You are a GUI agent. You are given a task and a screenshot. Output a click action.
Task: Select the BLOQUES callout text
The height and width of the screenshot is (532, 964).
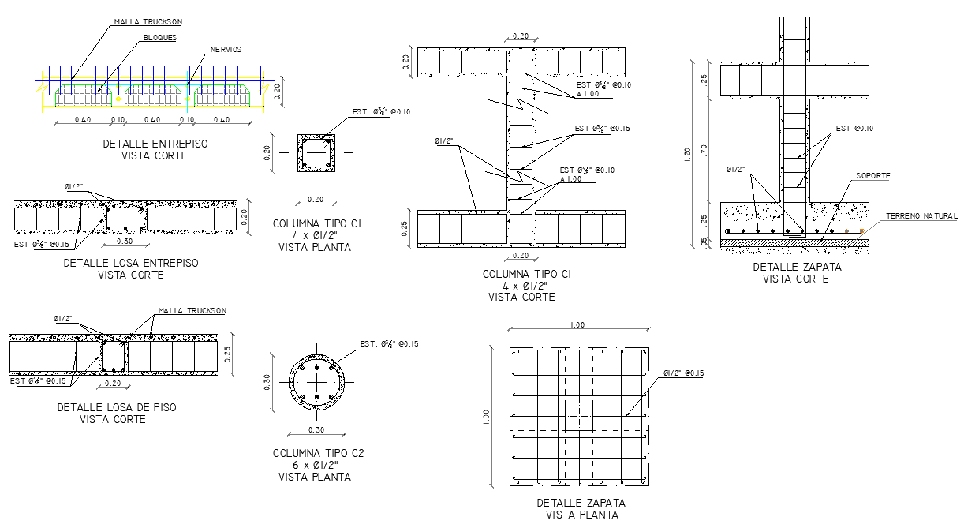click(159, 37)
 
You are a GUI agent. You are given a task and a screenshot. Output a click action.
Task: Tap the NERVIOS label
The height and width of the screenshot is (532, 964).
click(226, 50)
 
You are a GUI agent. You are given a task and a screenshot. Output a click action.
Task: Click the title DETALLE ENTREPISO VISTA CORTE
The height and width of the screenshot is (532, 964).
click(155, 150)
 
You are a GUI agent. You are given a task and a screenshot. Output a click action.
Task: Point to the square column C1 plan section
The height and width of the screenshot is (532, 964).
click(316, 152)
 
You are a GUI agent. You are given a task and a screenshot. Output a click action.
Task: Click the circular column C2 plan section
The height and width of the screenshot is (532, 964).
click(316, 380)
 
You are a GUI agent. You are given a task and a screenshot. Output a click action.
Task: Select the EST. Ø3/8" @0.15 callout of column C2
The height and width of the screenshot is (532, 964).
click(389, 344)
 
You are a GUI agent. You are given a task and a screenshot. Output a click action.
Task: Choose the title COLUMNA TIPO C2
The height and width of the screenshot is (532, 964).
click(318, 454)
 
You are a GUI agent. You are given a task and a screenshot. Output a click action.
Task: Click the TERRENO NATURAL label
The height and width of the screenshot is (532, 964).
click(921, 216)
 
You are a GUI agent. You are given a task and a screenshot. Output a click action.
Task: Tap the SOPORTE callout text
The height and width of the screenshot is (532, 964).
click(873, 176)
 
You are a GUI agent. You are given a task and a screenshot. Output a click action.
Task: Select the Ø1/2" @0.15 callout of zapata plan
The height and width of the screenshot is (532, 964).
click(683, 373)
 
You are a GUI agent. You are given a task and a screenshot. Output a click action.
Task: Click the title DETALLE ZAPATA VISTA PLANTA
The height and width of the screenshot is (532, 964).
click(581, 509)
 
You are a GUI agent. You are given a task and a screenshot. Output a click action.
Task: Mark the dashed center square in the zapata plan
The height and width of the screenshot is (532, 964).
click(580, 415)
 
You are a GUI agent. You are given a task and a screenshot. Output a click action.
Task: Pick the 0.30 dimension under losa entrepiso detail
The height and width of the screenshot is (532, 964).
click(125, 242)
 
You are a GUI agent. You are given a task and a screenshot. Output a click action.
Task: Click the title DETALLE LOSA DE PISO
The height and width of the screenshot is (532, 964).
click(117, 407)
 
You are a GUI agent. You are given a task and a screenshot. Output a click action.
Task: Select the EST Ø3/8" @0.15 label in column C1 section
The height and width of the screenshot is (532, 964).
click(602, 129)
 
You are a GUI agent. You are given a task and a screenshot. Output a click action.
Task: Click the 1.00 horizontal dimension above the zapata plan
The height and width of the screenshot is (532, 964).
click(577, 325)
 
